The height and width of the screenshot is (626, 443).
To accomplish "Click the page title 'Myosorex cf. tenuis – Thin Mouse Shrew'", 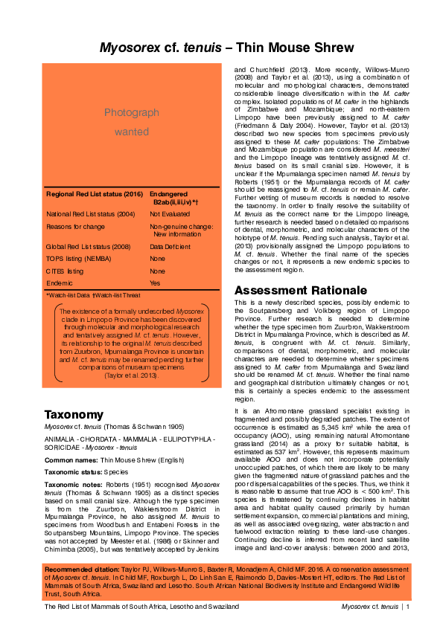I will [221, 48].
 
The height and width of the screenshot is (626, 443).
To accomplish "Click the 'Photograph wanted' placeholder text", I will [132, 122].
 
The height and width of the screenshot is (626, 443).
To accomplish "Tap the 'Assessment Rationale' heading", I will [300, 289].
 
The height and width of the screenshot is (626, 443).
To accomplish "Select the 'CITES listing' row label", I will [65, 271].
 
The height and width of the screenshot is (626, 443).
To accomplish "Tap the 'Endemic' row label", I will [60, 283].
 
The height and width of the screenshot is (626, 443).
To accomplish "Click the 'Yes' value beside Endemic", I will [155, 283].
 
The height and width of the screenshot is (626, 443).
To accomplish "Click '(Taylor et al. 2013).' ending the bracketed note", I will [132, 375].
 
